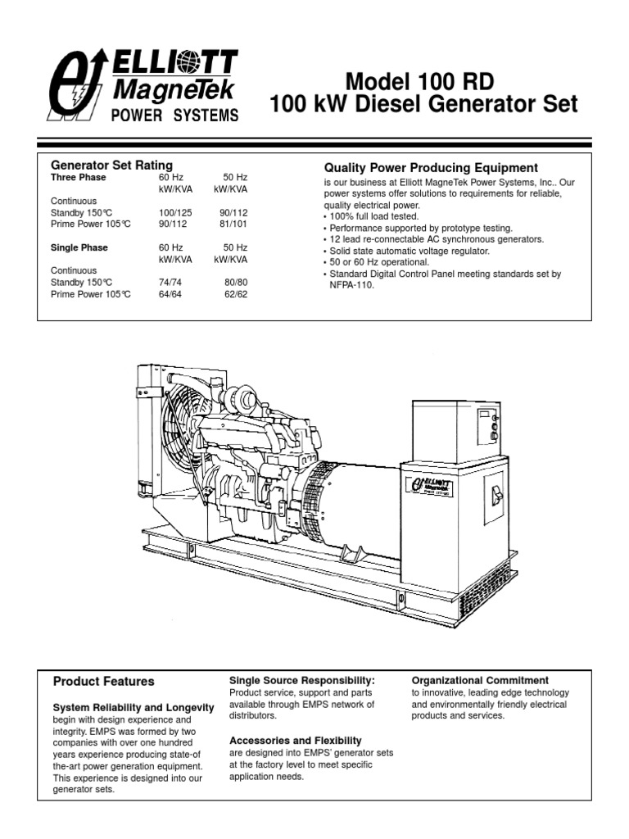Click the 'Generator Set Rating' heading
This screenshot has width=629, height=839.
112,165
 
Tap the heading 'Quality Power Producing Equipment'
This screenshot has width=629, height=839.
431,168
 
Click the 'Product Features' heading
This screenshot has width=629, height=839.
103,681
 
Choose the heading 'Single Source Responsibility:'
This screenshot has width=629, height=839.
302,680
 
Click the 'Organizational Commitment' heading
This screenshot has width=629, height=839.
480,680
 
